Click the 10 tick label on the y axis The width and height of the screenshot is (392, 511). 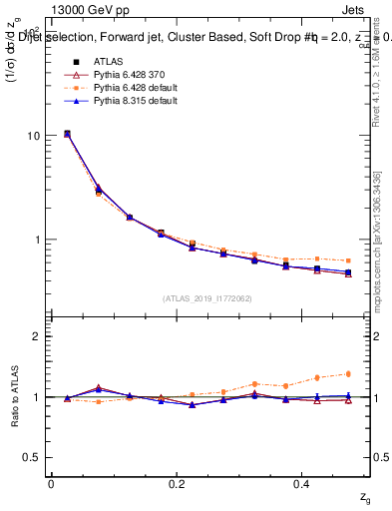click(33, 136)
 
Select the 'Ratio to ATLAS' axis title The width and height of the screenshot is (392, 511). click(13, 396)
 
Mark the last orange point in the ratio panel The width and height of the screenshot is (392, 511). click(348, 373)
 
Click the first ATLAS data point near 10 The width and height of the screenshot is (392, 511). click(67, 134)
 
